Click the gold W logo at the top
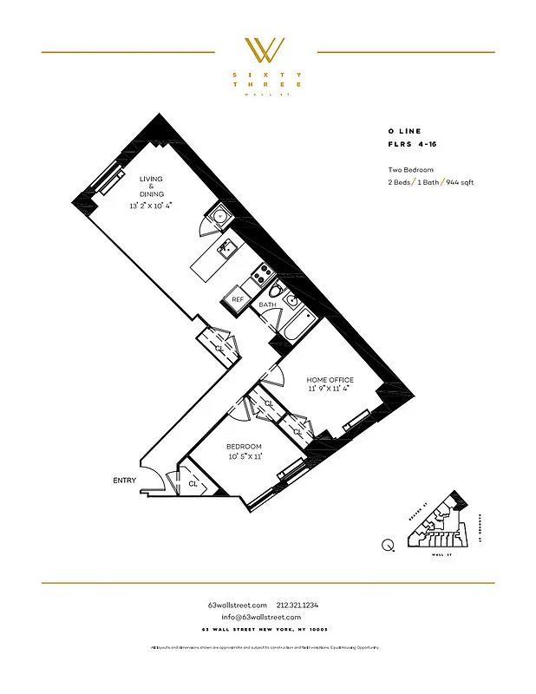267,50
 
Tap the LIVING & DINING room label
151,186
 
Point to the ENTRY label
124,480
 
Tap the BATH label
267,304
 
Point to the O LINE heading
405,132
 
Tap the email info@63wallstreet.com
267,617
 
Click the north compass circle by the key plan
387,546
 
